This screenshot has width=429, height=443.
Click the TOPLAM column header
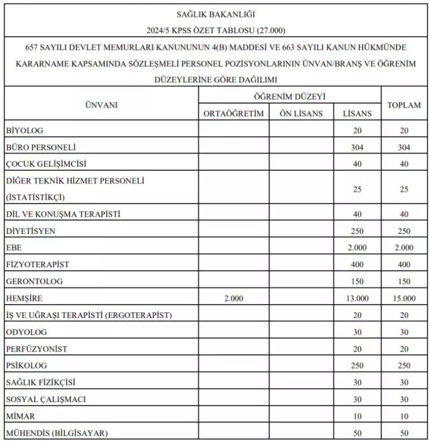coord(404,105)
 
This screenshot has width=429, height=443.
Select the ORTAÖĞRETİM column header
coord(233,113)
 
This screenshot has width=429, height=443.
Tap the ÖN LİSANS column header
coord(301,113)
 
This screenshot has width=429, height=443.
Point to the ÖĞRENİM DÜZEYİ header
coord(289,96)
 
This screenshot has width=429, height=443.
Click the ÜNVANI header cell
coord(101,105)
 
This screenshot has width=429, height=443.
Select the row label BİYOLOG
coord(24,130)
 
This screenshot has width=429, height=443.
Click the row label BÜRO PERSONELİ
coord(40,147)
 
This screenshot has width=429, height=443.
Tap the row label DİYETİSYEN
coord(31,231)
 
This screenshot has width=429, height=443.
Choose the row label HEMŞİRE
coord(24,298)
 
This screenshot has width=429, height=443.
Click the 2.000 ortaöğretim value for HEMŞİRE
coord(233,298)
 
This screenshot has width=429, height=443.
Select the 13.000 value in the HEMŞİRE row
coord(357,298)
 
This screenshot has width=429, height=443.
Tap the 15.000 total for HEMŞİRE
coord(404,298)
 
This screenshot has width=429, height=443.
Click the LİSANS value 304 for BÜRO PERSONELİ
coord(357,147)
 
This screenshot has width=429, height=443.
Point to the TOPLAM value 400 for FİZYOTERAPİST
coord(404,265)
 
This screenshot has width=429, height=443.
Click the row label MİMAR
coord(20,416)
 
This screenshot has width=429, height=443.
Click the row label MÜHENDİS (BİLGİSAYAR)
coord(56,433)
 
